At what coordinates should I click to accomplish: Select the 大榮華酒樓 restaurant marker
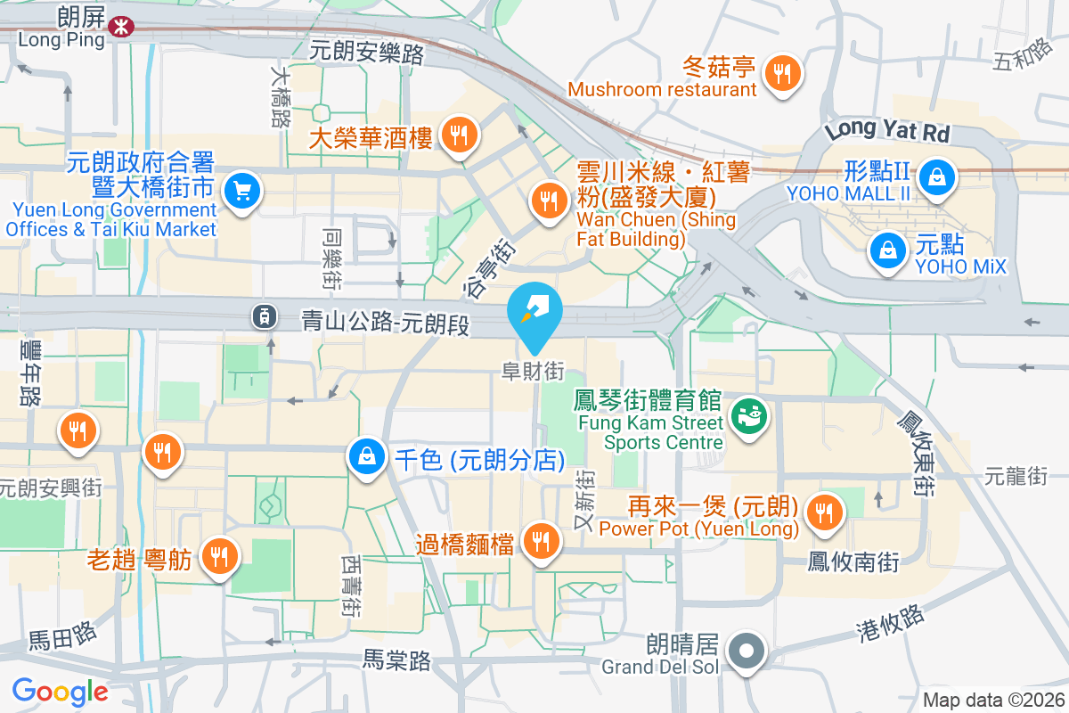pos(460,135)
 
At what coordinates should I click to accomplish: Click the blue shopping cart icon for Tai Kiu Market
pos(241,190)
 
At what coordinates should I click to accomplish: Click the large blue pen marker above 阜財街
pos(534,312)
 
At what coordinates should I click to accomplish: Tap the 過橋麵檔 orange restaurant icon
pos(540,539)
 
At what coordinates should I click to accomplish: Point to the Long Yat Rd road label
pos(887,132)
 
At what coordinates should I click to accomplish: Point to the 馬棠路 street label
pos(397,660)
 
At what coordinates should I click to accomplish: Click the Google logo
pos(60,691)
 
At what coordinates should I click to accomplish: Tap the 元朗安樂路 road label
pos(366,53)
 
